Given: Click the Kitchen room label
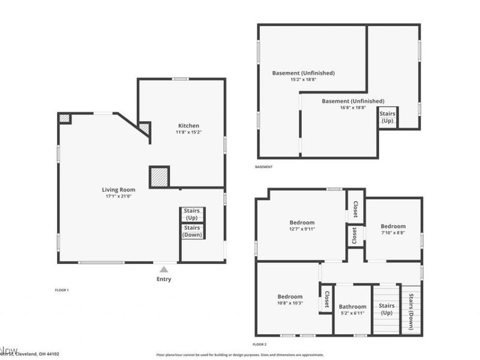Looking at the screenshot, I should [188, 125].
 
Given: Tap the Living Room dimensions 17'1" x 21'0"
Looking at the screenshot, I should [118, 196].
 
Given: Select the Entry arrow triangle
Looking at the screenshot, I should [164, 269].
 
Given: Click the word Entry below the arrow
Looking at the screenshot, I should [164, 279].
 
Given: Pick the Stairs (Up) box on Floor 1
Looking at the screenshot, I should [192, 214].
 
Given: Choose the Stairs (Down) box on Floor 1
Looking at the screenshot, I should [192, 231].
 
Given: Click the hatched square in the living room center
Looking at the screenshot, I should [159, 177].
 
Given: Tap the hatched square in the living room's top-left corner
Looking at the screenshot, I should [65, 118].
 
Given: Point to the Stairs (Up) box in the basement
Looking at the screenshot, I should [388, 116].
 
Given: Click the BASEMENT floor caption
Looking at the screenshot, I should [263, 167].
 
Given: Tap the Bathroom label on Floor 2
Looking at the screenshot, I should [352, 307].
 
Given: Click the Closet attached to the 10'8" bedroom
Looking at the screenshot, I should [326, 300].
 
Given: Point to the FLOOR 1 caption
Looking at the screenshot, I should [62, 290].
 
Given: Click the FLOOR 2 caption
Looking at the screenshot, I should [259, 344].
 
